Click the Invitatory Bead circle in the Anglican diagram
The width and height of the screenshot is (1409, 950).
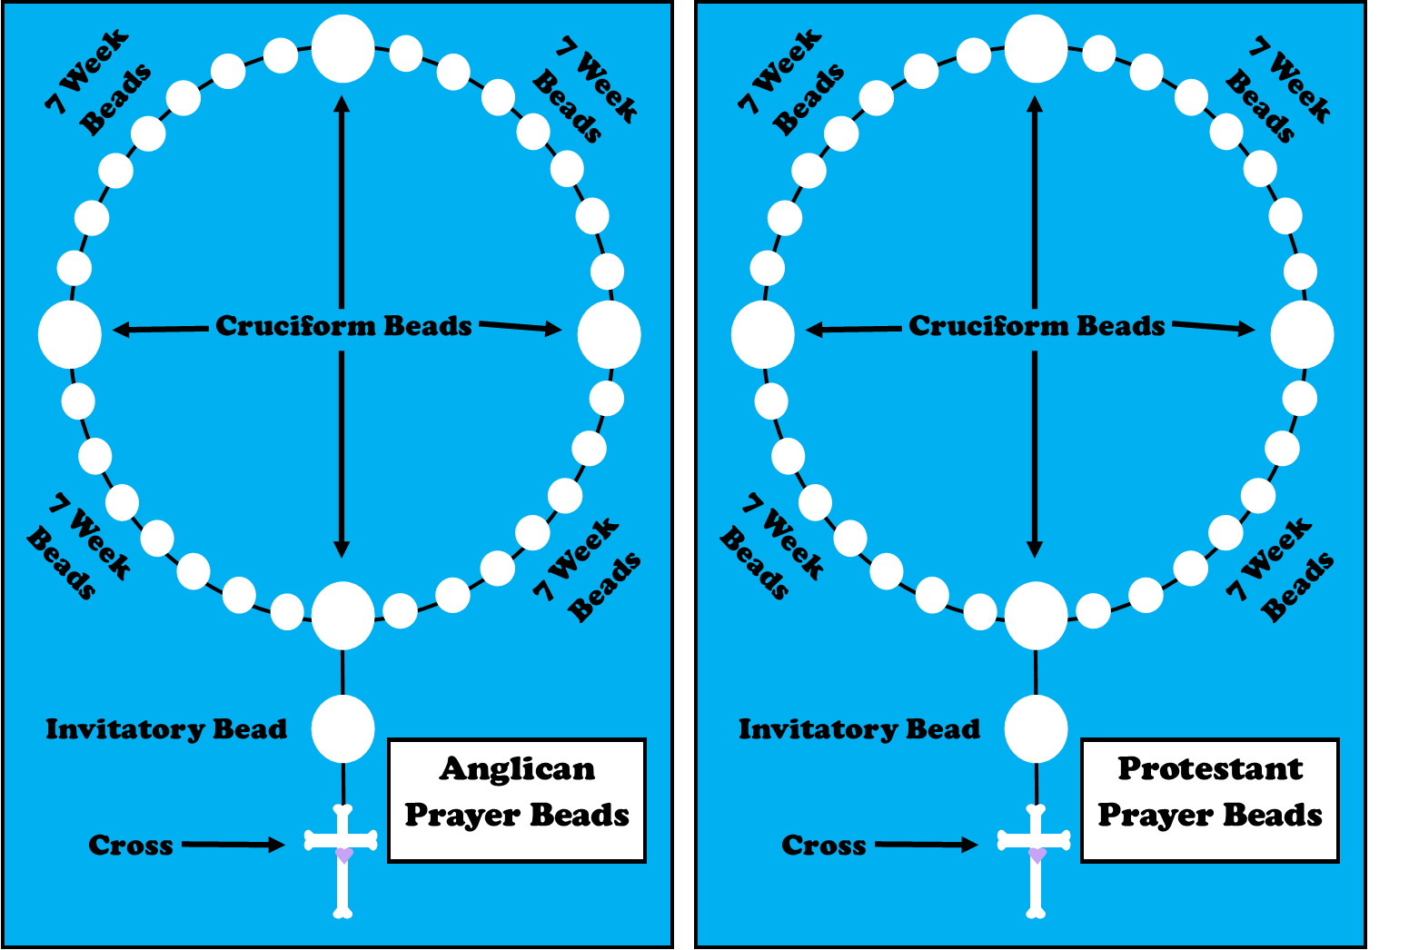point(342,729)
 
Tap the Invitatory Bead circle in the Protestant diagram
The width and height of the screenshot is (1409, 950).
point(1036,729)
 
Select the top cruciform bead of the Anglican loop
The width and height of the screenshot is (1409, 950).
point(342,49)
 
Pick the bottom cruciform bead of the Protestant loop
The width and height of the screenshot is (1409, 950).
point(1036,616)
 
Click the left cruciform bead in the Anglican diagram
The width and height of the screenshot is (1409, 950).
point(70,334)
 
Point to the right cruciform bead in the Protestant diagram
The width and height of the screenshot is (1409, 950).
point(1302,334)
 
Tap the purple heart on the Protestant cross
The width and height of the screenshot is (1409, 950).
point(1037,855)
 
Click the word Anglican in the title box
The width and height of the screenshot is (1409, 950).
point(517,769)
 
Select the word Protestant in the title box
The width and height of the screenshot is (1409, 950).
point(1210,769)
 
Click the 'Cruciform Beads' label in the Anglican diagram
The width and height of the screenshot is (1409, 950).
point(343,326)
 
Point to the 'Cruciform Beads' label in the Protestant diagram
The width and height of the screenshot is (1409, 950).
point(1037,326)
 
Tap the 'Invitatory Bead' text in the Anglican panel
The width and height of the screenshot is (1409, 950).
point(166,729)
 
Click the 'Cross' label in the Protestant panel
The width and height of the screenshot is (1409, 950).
point(823,846)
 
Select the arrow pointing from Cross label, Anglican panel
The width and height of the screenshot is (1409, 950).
point(233,845)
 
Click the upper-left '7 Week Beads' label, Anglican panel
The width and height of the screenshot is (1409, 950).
point(98,84)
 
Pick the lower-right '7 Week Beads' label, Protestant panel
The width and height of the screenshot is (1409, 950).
point(1280,570)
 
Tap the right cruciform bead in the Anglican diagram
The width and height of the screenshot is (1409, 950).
point(609,334)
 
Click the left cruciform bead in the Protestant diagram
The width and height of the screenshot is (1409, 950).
point(763,334)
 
